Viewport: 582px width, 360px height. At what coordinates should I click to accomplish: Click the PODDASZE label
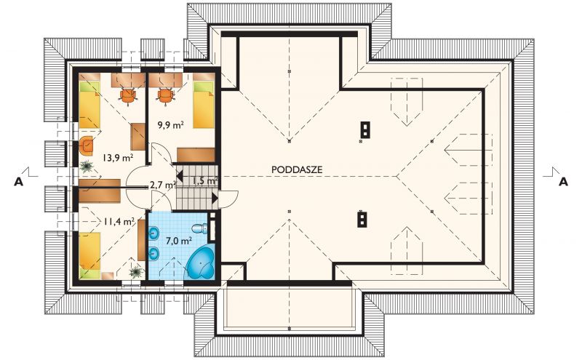point(297,169)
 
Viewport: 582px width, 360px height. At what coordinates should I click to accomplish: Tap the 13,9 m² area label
point(118,158)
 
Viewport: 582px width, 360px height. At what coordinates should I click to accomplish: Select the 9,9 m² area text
point(171,124)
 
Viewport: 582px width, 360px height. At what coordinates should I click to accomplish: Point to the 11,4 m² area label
point(119,222)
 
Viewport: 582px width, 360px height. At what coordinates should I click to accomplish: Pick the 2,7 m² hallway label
point(162,185)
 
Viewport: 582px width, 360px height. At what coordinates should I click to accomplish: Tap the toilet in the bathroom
point(202,228)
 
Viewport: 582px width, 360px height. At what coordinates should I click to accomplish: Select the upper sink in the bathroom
point(154,233)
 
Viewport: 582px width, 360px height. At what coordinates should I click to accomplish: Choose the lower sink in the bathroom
point(154,254)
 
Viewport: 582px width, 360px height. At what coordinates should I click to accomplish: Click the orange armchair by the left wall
point(86,145)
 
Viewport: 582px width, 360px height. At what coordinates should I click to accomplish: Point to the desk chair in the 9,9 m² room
point(166,96)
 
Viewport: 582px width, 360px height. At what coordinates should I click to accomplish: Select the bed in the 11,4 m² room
point(89,255)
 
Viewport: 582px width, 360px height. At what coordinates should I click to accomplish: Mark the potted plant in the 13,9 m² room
point(87,166)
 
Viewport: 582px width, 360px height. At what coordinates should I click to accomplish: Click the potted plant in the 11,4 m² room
point(137,272)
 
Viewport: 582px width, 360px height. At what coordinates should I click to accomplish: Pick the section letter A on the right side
point(563,183)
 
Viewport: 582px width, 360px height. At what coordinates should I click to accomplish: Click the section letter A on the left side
point(19,183)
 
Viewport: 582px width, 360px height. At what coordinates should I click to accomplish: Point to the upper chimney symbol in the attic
point(366,130)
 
